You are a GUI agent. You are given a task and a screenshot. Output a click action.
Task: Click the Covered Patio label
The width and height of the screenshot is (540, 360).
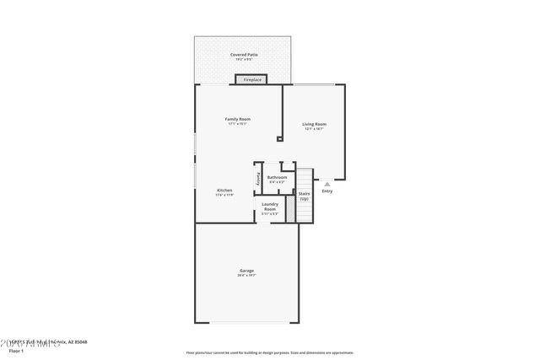(x=245, y=55)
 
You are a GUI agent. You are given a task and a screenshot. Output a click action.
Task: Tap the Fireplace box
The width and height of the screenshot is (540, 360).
(x=251, y=80)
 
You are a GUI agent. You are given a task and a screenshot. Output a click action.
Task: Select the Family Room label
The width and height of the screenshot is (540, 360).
(x=237, y=119)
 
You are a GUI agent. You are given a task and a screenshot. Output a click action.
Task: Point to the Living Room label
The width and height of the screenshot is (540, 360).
(x=315, y=125)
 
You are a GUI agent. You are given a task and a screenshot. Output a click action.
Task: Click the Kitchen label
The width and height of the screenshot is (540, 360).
(x=224, y=191)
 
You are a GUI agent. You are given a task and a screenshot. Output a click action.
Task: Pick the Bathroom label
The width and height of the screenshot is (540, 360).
(x=277, y=177)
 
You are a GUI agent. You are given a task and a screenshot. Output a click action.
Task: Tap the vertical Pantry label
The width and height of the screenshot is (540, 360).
(x=258, y=178)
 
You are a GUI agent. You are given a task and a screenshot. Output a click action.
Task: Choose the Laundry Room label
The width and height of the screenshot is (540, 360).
(x=270, y=206)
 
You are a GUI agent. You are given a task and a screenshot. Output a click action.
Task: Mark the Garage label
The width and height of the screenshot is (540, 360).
(x=246, y=271)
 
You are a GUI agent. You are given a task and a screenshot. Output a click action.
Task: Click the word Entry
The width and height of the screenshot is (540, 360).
(x=327, y=191)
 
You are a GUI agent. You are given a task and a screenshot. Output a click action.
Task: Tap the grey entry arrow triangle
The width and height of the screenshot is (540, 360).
(x=327, y=183)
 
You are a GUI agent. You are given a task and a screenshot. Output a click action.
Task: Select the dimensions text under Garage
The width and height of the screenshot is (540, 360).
(x=246, y=276)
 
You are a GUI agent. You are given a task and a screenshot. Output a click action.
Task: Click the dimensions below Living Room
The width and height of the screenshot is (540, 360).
(x=315, y=130)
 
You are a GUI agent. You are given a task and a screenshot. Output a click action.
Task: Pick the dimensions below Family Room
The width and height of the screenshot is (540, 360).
(x=237, y=124)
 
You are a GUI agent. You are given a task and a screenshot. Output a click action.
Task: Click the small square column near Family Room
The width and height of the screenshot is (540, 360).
(x=279, y=140)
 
